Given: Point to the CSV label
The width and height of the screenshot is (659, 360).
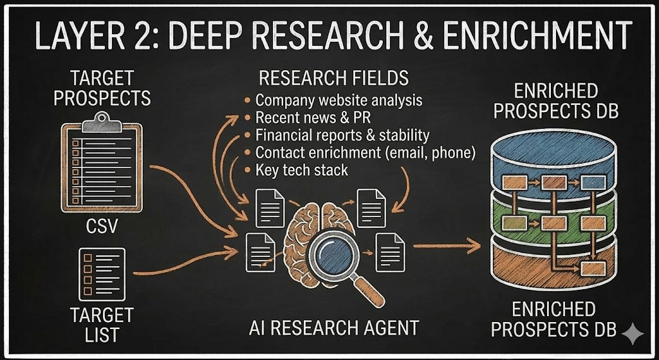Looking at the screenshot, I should click(102, 227).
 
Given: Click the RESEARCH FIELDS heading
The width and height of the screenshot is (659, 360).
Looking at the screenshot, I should click(333, 79).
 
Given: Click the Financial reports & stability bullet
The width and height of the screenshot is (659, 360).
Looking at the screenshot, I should click(342, 135).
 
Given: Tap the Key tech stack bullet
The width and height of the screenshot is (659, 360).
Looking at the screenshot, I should click(301, 170).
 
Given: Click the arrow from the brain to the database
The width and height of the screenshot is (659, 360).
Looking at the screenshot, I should click(447, 245).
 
